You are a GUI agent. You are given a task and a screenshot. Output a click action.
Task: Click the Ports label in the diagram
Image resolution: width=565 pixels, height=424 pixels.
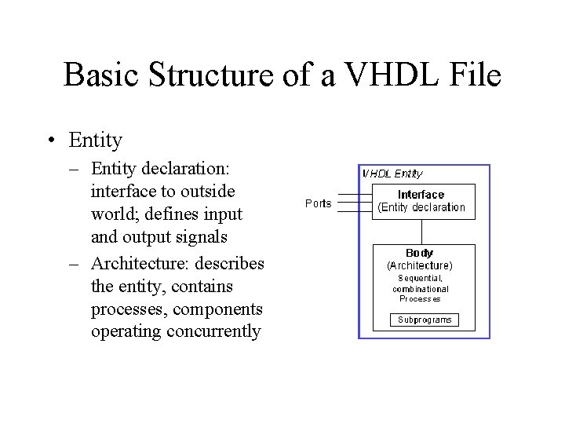coord(319,203)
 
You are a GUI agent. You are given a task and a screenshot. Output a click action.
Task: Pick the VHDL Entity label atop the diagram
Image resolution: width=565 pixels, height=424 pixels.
coord(392,174)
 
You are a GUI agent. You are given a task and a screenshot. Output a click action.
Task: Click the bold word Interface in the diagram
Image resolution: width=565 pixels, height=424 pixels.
coord(421,195)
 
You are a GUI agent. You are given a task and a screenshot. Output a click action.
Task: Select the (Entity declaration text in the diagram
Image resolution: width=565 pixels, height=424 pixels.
coord(421,207)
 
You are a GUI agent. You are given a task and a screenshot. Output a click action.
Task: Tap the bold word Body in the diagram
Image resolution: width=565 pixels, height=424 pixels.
coord(420,254)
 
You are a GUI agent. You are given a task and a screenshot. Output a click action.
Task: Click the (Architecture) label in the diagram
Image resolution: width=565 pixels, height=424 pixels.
coord(420,265)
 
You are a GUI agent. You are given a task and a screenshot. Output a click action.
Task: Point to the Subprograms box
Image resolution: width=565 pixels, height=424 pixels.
coord(425,320)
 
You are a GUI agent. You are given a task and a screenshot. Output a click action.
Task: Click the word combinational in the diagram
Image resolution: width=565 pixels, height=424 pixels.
coord(421,289)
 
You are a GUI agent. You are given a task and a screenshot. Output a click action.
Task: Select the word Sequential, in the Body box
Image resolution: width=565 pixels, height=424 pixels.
coord(421,278)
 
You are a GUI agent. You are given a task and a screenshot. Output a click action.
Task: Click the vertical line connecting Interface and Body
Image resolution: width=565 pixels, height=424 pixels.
coord(422,232)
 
